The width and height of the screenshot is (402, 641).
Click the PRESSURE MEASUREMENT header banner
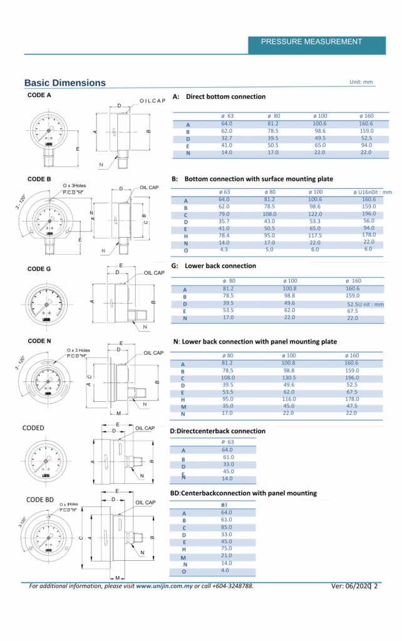coord(311,42)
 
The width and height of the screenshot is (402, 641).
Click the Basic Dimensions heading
coord(65,83)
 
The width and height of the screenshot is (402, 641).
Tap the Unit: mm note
coord(361,82)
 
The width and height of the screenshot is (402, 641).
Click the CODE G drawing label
coord(39,269)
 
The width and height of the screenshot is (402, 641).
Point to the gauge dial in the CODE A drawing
coord(48,130)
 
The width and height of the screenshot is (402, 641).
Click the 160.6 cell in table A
coord(366,123)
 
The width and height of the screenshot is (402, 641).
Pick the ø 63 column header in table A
coord(227,116)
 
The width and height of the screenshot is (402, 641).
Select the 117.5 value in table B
coord(315,235)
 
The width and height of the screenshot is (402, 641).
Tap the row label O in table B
coord(185,250)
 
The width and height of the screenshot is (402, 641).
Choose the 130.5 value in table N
coord(289,377)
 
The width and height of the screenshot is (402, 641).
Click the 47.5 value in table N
coord(351,406)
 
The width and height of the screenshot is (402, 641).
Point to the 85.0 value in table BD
coord(227,527)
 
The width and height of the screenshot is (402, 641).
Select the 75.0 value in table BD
coord(227,548)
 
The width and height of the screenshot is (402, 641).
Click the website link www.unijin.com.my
coord(164,586)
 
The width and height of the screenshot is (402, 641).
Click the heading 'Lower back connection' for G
coord(220,266)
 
